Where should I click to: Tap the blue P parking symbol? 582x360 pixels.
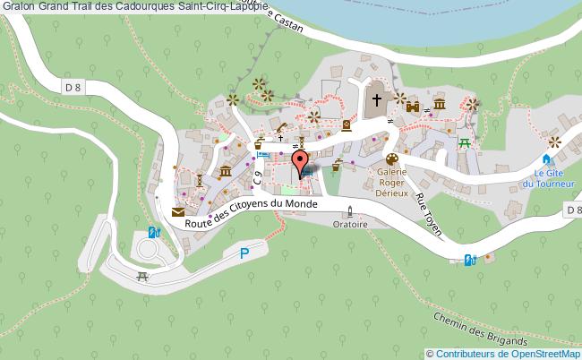click(x=244, y=253)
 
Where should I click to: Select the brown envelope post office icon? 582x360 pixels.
click(x=178, y=212)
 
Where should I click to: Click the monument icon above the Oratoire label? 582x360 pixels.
click(x=350, y=212)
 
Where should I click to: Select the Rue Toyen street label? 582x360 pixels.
click(x=430, y=215)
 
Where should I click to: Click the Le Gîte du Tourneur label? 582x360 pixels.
click(x=547, y=178)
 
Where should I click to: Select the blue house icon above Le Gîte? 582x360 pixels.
click(x=546, y=159)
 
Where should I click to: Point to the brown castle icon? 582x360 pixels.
click(x=413, y=107)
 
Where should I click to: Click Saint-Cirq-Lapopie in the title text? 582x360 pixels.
click(x=228, y=6)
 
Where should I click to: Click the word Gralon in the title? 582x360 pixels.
click(x=17, y=6)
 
